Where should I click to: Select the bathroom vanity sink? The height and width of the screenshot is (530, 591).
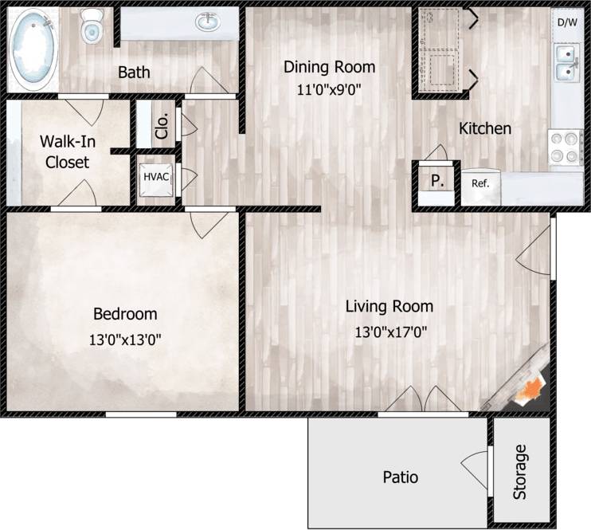(209, 22)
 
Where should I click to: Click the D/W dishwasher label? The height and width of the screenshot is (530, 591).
(567, 22)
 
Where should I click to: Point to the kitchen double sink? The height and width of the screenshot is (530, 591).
(568, 64)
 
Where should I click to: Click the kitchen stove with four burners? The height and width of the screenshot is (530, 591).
(566, 147)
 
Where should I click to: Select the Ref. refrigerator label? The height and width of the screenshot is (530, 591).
(480, 183)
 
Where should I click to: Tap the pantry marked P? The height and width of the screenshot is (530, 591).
(436, 180)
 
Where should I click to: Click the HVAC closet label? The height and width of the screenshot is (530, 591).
(156, 176)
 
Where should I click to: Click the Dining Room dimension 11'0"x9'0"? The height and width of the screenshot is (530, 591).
(329, 90)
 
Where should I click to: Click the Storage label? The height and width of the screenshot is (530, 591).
(520, 471)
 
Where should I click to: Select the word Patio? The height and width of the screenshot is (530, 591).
(401, 477)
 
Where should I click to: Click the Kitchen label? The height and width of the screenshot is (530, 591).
(484, 128)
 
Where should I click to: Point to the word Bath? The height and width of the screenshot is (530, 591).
(134, 73)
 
